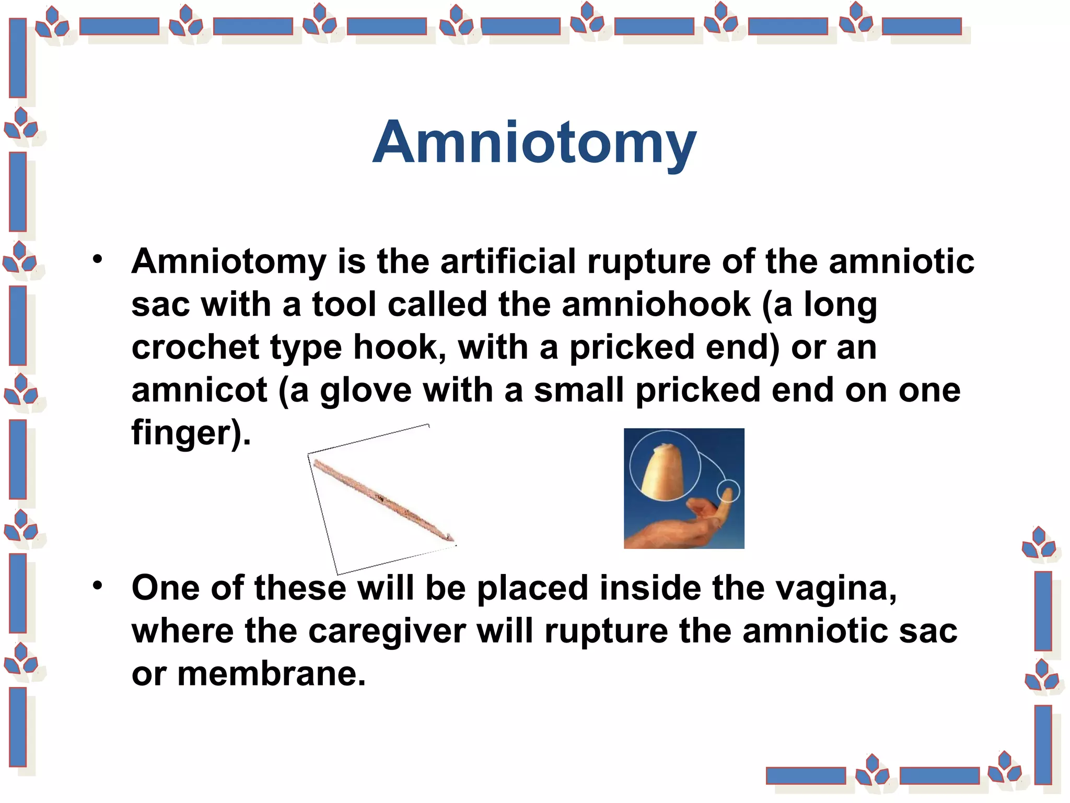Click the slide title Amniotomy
coord(534,142)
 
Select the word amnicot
coord(200,390)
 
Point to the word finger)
coord(191,433)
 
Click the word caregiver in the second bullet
coord(387,631)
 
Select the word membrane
coord(271,674)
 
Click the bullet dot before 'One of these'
coord(98,586)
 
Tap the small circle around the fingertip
coord(728,490)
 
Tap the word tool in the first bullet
coord(344,304)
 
